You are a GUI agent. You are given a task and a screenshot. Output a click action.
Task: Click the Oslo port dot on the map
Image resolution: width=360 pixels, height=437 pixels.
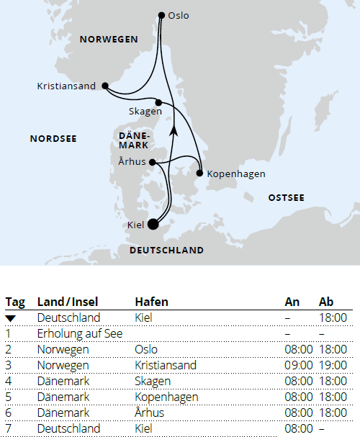click(x=161, y=14)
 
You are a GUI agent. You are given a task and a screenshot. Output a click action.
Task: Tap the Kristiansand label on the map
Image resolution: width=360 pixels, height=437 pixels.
click(x=66, y=86)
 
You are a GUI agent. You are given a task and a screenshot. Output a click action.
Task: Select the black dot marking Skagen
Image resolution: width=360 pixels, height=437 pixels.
click(x=158, y=102)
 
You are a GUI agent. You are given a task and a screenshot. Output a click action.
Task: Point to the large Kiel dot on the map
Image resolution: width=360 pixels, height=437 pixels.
click(x=153, y=224)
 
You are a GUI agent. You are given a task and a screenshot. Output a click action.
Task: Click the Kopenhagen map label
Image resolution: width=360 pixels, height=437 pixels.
click(x=236, y=174)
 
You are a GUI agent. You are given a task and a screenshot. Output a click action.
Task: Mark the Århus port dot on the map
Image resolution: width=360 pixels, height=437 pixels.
click(x=153, y=162)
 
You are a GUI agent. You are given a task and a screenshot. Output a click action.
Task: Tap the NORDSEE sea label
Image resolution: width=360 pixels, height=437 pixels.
click(x=53, y=138)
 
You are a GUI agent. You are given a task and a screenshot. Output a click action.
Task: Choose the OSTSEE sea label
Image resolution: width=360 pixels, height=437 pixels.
click(x=286, y=197)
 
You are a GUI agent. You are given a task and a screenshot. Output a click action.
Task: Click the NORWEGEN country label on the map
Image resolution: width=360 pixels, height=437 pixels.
click(x=109, y=40)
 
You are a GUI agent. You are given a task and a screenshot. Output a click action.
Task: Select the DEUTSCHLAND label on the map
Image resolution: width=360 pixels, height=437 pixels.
click(x=166, y=251)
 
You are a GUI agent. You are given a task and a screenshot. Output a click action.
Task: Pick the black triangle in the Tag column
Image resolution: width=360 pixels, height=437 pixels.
click(x=11, y=318)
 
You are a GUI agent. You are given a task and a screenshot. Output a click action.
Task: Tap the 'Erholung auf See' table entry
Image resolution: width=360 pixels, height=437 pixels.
click(x=78, y=334)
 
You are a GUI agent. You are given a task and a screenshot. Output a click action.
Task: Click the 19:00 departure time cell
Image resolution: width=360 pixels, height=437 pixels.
click(x=333, y=366)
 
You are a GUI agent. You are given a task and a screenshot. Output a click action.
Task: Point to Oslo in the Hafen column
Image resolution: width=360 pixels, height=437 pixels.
click(x=146, y=350)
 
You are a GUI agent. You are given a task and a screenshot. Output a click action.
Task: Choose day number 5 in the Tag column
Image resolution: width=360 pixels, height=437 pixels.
click(x=9, y=397)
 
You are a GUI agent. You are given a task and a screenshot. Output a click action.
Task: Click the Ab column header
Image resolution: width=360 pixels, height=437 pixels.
click(x=327, y=302)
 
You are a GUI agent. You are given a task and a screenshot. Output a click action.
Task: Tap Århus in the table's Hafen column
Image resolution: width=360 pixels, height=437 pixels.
click(x=149, y=413)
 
